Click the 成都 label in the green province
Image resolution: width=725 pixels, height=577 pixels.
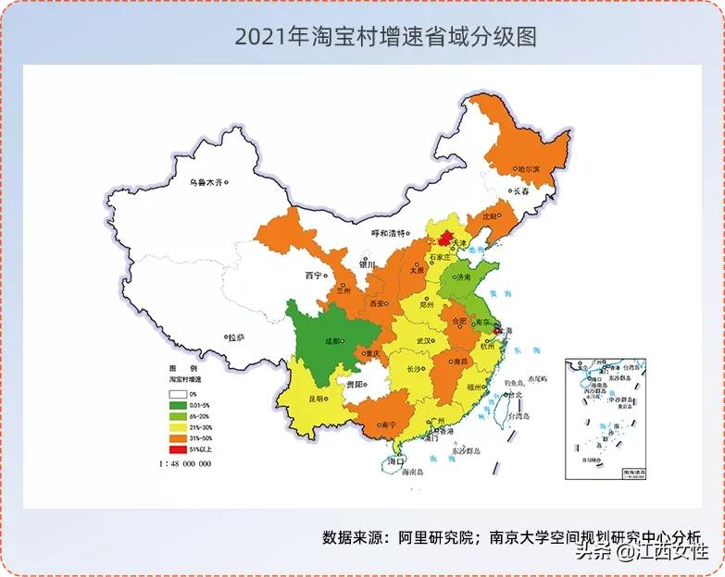(x=331, y=339)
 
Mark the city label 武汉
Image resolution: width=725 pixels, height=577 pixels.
(x=425, y=341)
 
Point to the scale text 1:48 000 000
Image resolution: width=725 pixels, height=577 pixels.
(x=185, y=463)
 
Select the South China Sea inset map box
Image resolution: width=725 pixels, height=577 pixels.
(x=606, y=419)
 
